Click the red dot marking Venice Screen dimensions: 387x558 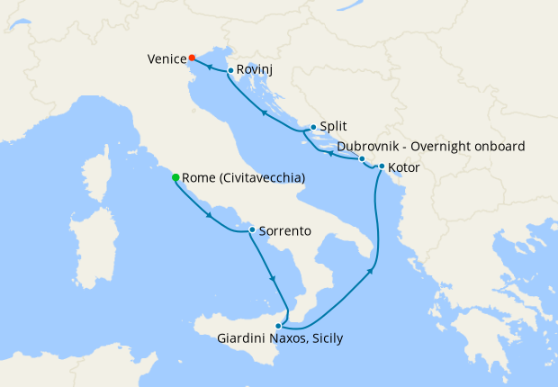[x=193, y=58]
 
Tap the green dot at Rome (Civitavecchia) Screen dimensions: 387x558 [x=175, y=177]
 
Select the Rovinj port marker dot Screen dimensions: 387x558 [x=231, y=70]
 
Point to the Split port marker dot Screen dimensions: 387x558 [x=312, y=128]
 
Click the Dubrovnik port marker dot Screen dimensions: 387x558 [x=362, y=159]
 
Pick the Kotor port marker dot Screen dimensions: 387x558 [x=382, y=166]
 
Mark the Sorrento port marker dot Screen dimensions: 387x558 [x=251, y=230]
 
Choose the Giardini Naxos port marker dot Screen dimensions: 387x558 [x=279, y=325]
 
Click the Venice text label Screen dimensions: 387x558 [x=166, y=58]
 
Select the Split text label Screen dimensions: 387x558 [x=333, y=128]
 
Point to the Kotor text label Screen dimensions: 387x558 [x=404, y=166]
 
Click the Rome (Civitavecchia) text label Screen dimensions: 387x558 [x=243, y=178]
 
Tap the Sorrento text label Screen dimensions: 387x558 [x=284, y=231]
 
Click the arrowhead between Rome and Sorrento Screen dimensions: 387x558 [x=210, y=215]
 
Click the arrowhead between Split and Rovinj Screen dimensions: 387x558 [x=264, y=112]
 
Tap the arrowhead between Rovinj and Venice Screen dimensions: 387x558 [x=209, y=67]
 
